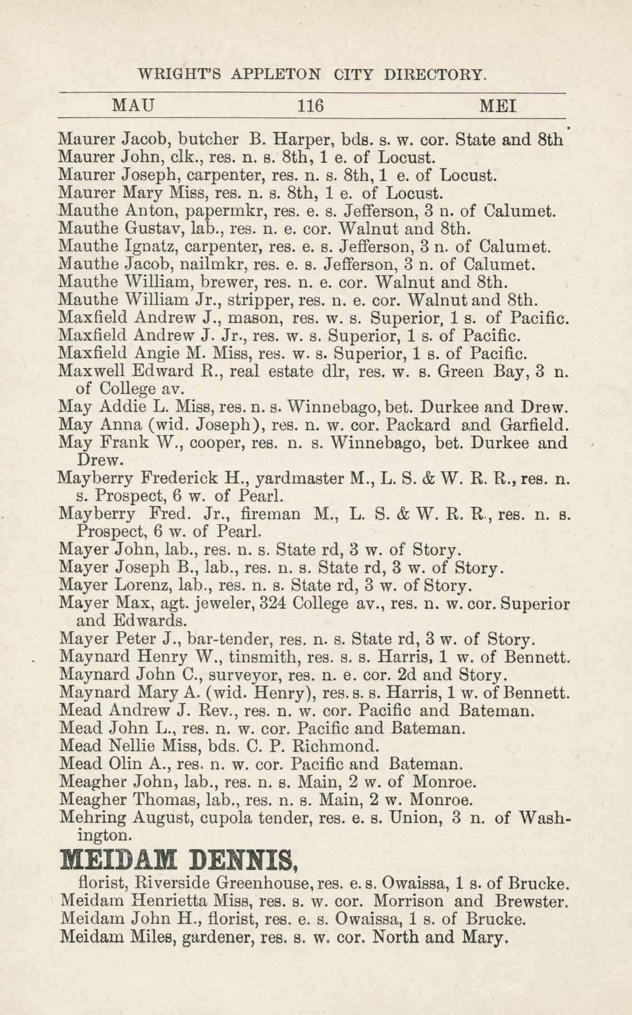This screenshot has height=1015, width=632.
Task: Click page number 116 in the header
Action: [x=310, y=105]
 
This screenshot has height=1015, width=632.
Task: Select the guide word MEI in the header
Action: [x=497, y=105]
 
